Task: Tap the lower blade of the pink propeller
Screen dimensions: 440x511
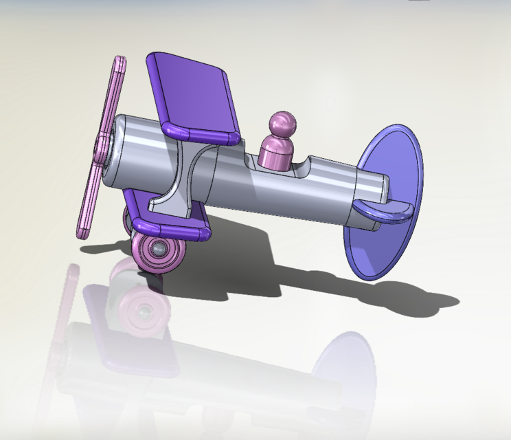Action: click(x=90, y=199)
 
